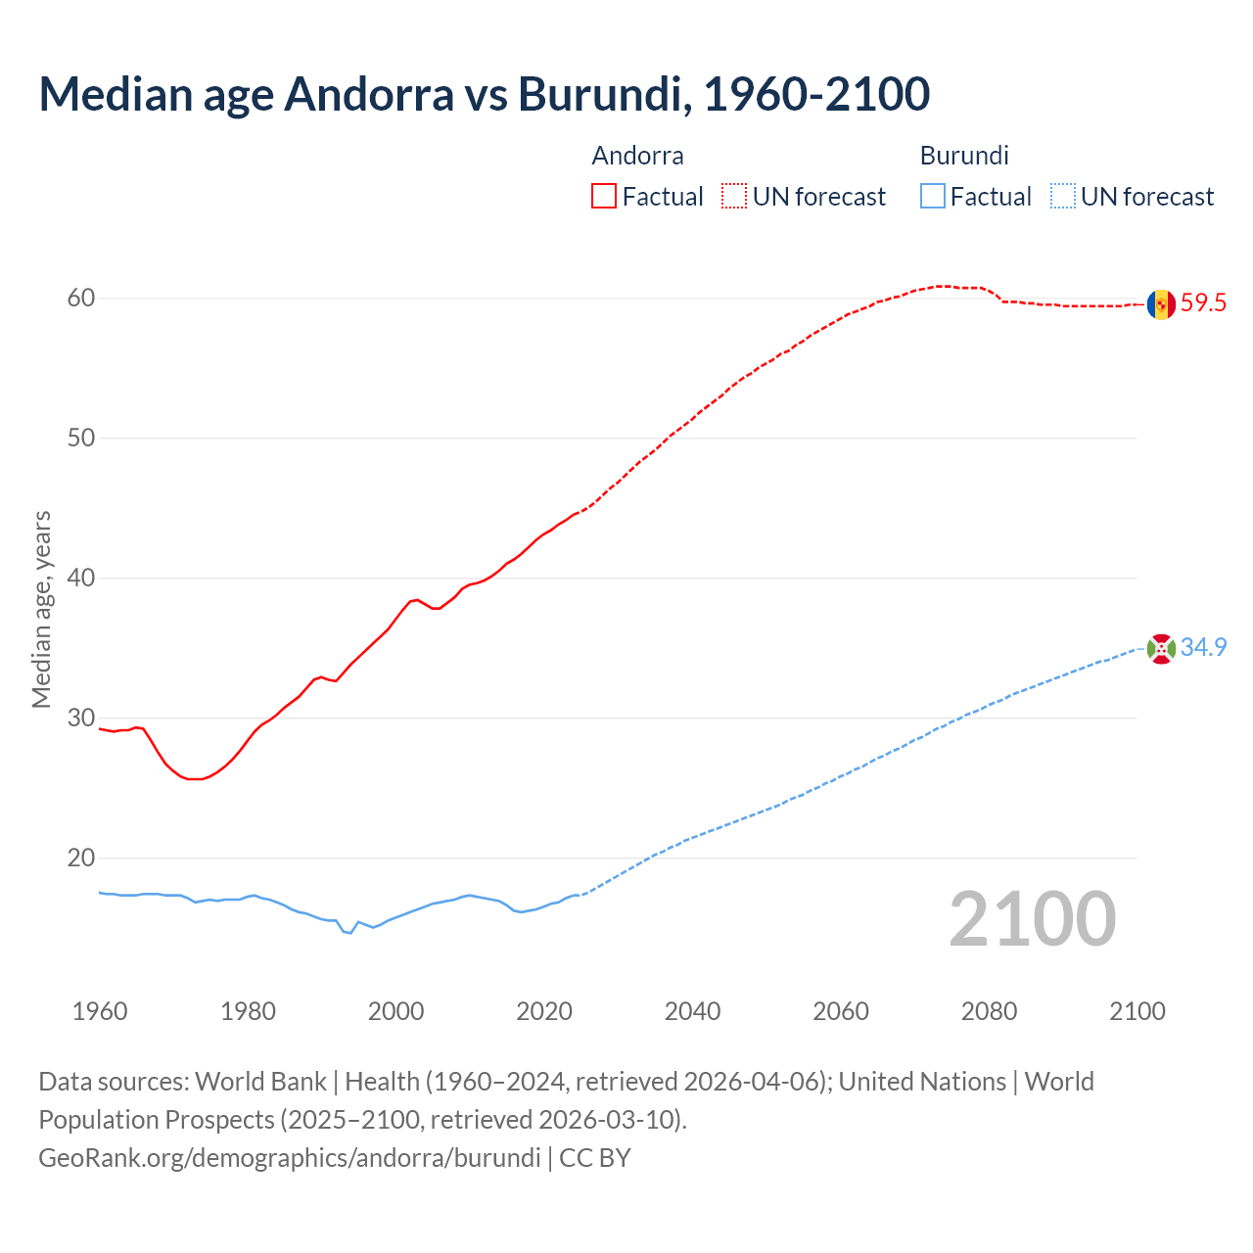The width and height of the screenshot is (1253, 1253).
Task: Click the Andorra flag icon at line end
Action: [1161, 304]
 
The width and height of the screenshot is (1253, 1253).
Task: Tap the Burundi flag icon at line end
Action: [1161, 648]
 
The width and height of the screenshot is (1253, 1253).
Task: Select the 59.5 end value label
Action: [1203, 303]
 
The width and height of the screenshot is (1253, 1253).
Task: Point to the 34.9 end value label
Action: [1203, 648]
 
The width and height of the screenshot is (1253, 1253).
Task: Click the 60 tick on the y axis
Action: [81, 298]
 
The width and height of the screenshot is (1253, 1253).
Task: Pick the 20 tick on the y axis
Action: [81, 859]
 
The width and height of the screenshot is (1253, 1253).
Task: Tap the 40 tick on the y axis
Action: [81, 579]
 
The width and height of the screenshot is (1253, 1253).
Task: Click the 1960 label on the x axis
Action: [100, 1011]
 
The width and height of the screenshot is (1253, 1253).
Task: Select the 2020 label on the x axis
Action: [544, 1011]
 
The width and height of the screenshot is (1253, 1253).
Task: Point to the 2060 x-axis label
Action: [841, 1011]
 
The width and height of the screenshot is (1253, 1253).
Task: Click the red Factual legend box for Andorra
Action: [604, 197]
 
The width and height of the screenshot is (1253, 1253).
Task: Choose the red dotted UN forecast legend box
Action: [734, 197]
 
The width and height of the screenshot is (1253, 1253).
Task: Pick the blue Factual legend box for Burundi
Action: [933, 197]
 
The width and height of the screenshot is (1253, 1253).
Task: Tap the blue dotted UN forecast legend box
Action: [1063, 197]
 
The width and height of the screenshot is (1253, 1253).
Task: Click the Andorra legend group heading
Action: [638, 156]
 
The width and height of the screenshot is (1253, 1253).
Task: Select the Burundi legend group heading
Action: [964, 156]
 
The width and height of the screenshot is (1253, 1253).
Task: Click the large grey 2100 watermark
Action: [1033, 918]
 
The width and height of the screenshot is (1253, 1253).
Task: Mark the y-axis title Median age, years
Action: [41, 609]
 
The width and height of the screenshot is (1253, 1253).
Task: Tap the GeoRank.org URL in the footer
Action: [289, 1158]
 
